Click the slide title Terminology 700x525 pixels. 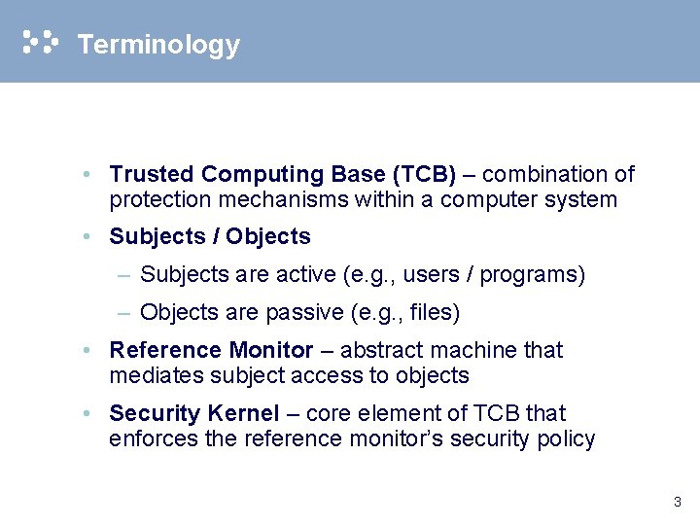[x=157, y=45]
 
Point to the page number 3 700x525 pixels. [x=677, y=503]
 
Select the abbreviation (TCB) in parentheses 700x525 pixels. [x=423, y=175]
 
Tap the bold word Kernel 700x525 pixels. [x=243, y=414]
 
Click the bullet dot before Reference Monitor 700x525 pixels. [x=87, y=350]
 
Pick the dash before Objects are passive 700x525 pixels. [x=123, y=313]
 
